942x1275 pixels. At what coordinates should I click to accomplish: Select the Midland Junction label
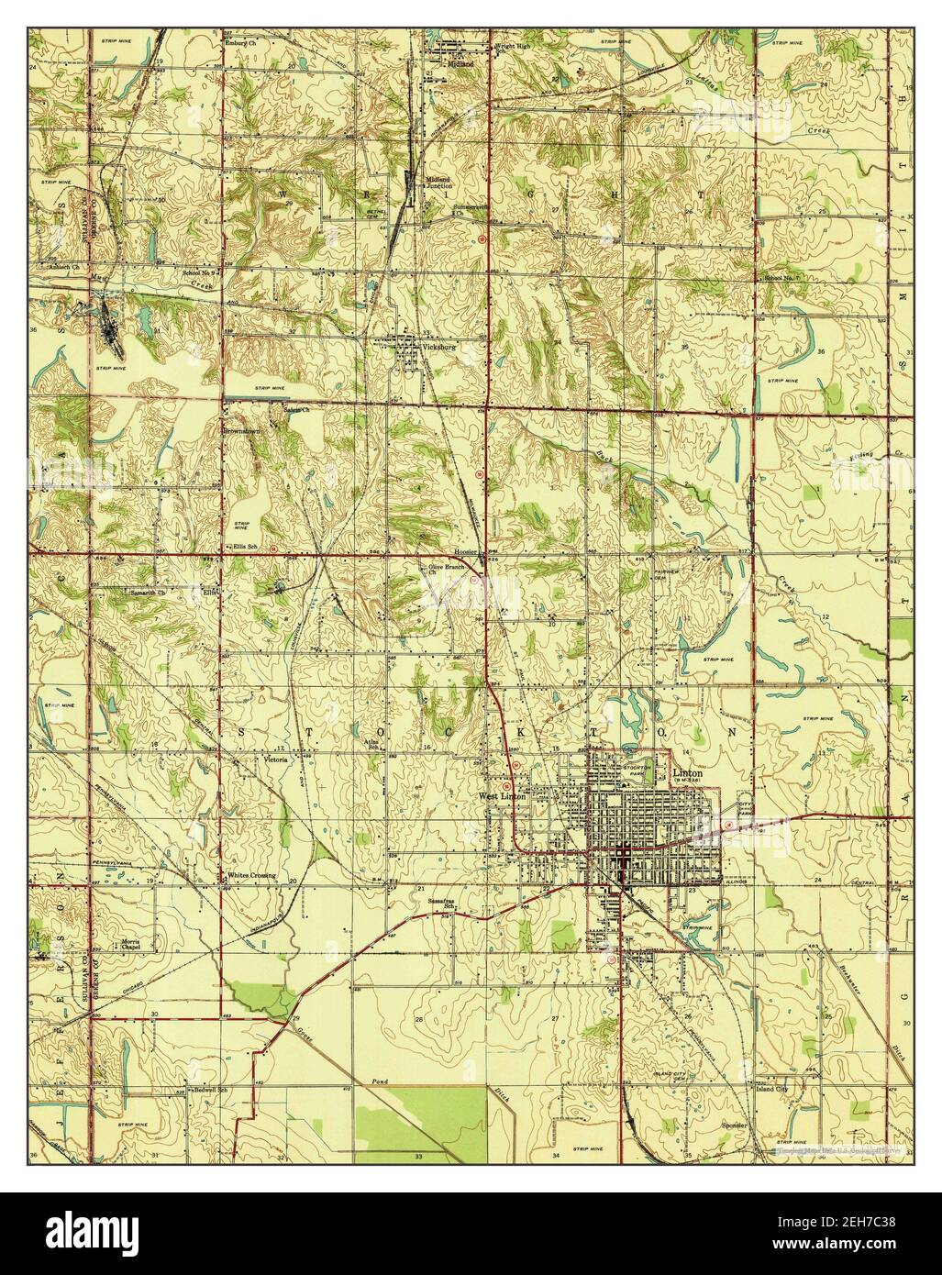pos(439,182)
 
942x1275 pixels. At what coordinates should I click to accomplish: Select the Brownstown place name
pos(242,429)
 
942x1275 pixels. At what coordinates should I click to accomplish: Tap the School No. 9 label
pos(198,272)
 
